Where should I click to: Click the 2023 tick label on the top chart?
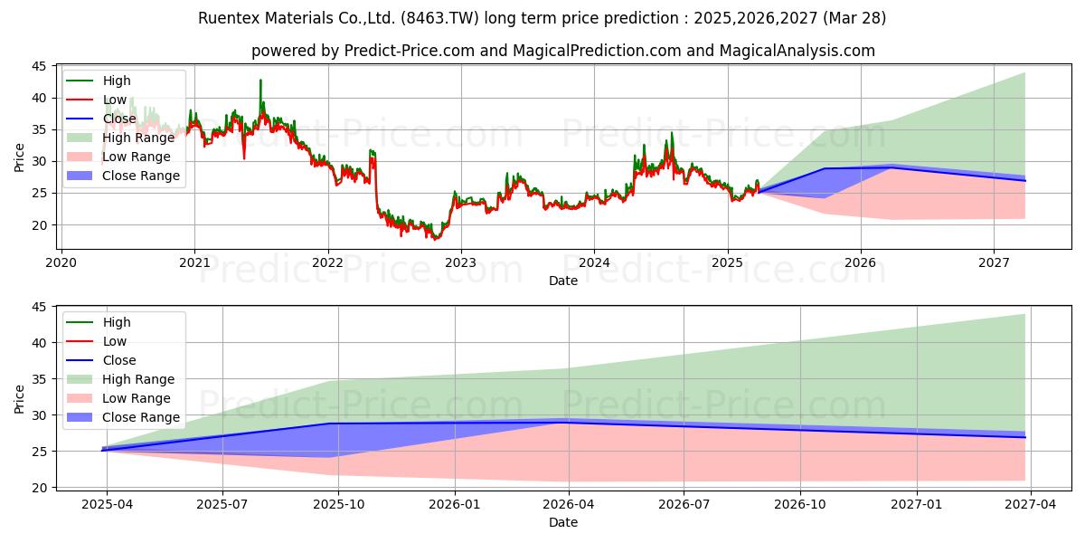tap(461, 262)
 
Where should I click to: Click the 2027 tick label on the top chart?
tap(994, 262)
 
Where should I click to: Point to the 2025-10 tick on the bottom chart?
tap(338, 504)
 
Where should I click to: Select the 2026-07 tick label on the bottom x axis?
tap(684, 504)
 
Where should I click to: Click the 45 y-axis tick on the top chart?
tap(40, 66)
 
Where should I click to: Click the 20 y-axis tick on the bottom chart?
tap(40, 488)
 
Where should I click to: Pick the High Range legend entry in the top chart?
tap(138, 138)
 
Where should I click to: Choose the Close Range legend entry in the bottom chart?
tap(140, 417)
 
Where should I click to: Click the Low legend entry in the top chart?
tap(115, 100)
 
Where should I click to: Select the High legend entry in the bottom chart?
tap(117, 322)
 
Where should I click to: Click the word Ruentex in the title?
tap(228, 18)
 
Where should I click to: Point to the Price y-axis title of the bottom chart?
tap(20, 398)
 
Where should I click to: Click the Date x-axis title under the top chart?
tap(564, 281)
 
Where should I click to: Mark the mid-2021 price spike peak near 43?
tap(261, 81)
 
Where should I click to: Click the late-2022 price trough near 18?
tap(435, 239)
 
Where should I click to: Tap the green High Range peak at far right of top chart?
tap(1024, 73)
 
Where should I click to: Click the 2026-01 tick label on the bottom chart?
tap(454, 504)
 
